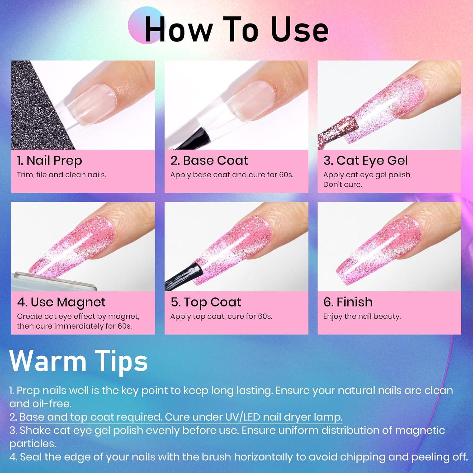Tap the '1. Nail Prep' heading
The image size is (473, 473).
(x=50, y=161)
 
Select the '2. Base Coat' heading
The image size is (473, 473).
(x=209, y=161)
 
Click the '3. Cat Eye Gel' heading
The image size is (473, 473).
(x=365, y=161)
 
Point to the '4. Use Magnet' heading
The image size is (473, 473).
(x=61, y=302)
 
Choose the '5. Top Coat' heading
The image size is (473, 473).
(x=206, y=302)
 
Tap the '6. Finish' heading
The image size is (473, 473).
(x=348, y=302)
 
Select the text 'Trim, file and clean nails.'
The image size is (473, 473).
(x=61, y=175)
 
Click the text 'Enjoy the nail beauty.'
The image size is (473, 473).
(x=362, y=317)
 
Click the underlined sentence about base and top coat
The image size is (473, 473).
(x=181, y=417)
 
